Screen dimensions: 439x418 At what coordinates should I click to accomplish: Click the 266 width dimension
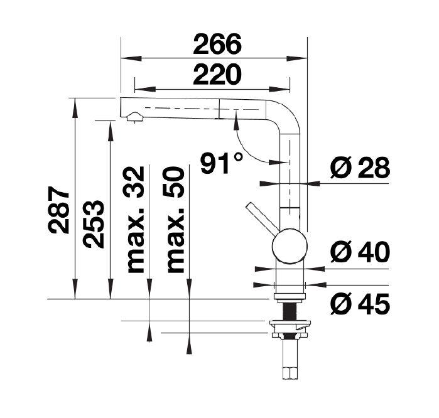[217, 44]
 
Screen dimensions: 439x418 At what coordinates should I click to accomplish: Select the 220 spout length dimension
[217, 74]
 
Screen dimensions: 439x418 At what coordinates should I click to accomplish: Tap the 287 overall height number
[58, 210]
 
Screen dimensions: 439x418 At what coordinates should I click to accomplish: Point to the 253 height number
[94, 224]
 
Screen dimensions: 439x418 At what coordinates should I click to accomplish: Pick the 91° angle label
[222, 163]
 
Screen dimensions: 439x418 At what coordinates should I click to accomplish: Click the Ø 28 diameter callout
[360, 168]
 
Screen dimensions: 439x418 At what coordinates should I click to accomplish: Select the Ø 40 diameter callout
[360, 252]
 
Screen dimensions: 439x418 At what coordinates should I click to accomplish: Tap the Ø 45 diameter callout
[360, 304]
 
